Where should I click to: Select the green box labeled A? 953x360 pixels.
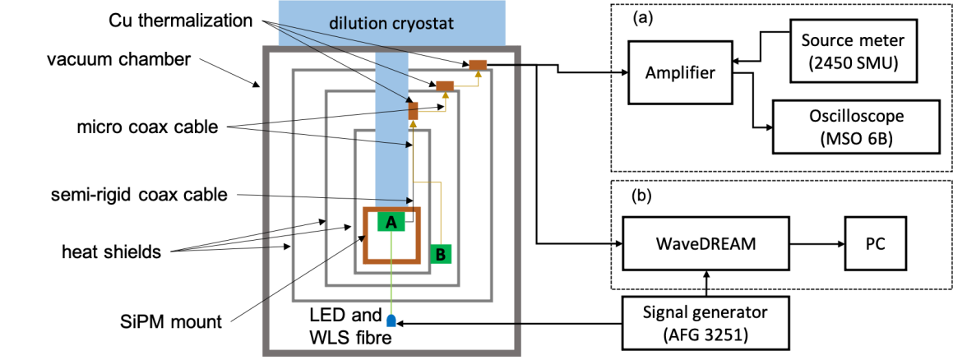coord(391,223)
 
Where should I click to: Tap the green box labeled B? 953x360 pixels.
coord(441,254)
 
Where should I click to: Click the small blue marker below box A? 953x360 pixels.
coord(391,321)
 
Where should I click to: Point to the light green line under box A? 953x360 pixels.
coord(391,279)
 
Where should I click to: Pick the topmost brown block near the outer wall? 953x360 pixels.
coord(478,64)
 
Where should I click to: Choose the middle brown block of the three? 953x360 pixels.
coord(445,85)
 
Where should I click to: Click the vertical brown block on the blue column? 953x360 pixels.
coord(414,110)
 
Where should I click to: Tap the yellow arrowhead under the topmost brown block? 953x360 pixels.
coord(478,75)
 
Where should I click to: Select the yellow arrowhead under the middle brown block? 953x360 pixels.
coord(445,95)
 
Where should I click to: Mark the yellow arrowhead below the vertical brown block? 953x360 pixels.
coord(413,124)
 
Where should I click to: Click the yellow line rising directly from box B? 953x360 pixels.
coord(441,214)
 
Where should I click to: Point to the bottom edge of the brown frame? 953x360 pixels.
coord(391,261)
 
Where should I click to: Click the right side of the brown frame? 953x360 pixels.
coord(418,235)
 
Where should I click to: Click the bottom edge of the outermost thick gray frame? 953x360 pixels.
coord(391,353)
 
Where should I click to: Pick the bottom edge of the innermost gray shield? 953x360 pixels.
coord(391,272)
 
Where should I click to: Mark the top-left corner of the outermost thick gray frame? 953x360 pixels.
coord(266,49)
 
